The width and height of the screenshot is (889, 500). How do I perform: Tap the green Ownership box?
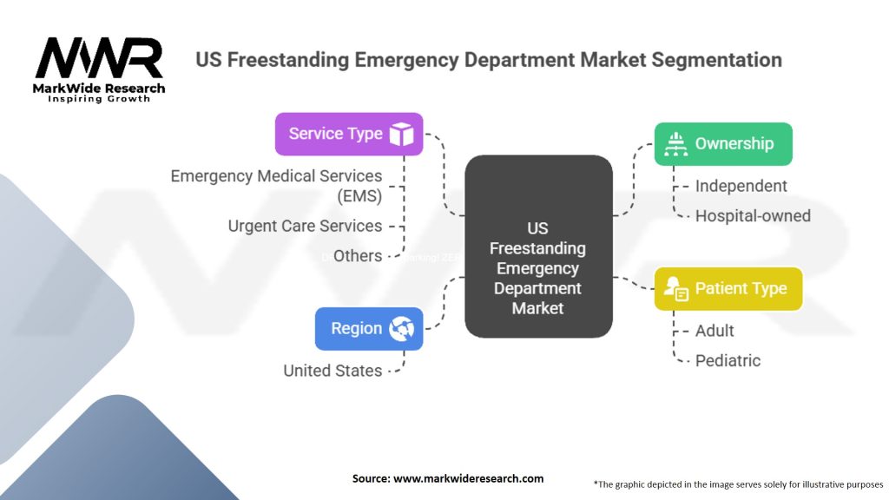[x=722, y=144]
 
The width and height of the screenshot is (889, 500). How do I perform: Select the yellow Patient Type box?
[x=728, y=289]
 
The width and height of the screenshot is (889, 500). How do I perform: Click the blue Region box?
[x=369, y=329]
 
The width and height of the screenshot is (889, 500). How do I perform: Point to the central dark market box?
[x=538, y=247]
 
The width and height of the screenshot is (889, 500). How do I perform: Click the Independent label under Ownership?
[x=741, y=186]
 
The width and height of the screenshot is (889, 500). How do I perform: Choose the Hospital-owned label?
[x=753, y=215]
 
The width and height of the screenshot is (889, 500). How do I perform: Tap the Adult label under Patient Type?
[x=714, y=331]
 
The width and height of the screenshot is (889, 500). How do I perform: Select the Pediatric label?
[x=728, y=360]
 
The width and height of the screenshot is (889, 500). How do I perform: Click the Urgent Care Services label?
[x=305, y=226]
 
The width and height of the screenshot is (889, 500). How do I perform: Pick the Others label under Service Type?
[x=358, y=255]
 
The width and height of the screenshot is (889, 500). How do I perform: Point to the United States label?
[x=333, y=371]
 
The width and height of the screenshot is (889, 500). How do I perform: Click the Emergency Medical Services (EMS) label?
[x=276, y=186]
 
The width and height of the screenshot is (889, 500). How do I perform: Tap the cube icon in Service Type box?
[x=401, y=135]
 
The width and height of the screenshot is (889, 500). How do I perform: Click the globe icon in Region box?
[x=401, y=329]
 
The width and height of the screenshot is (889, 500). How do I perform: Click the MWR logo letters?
[x=98, y=59]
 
